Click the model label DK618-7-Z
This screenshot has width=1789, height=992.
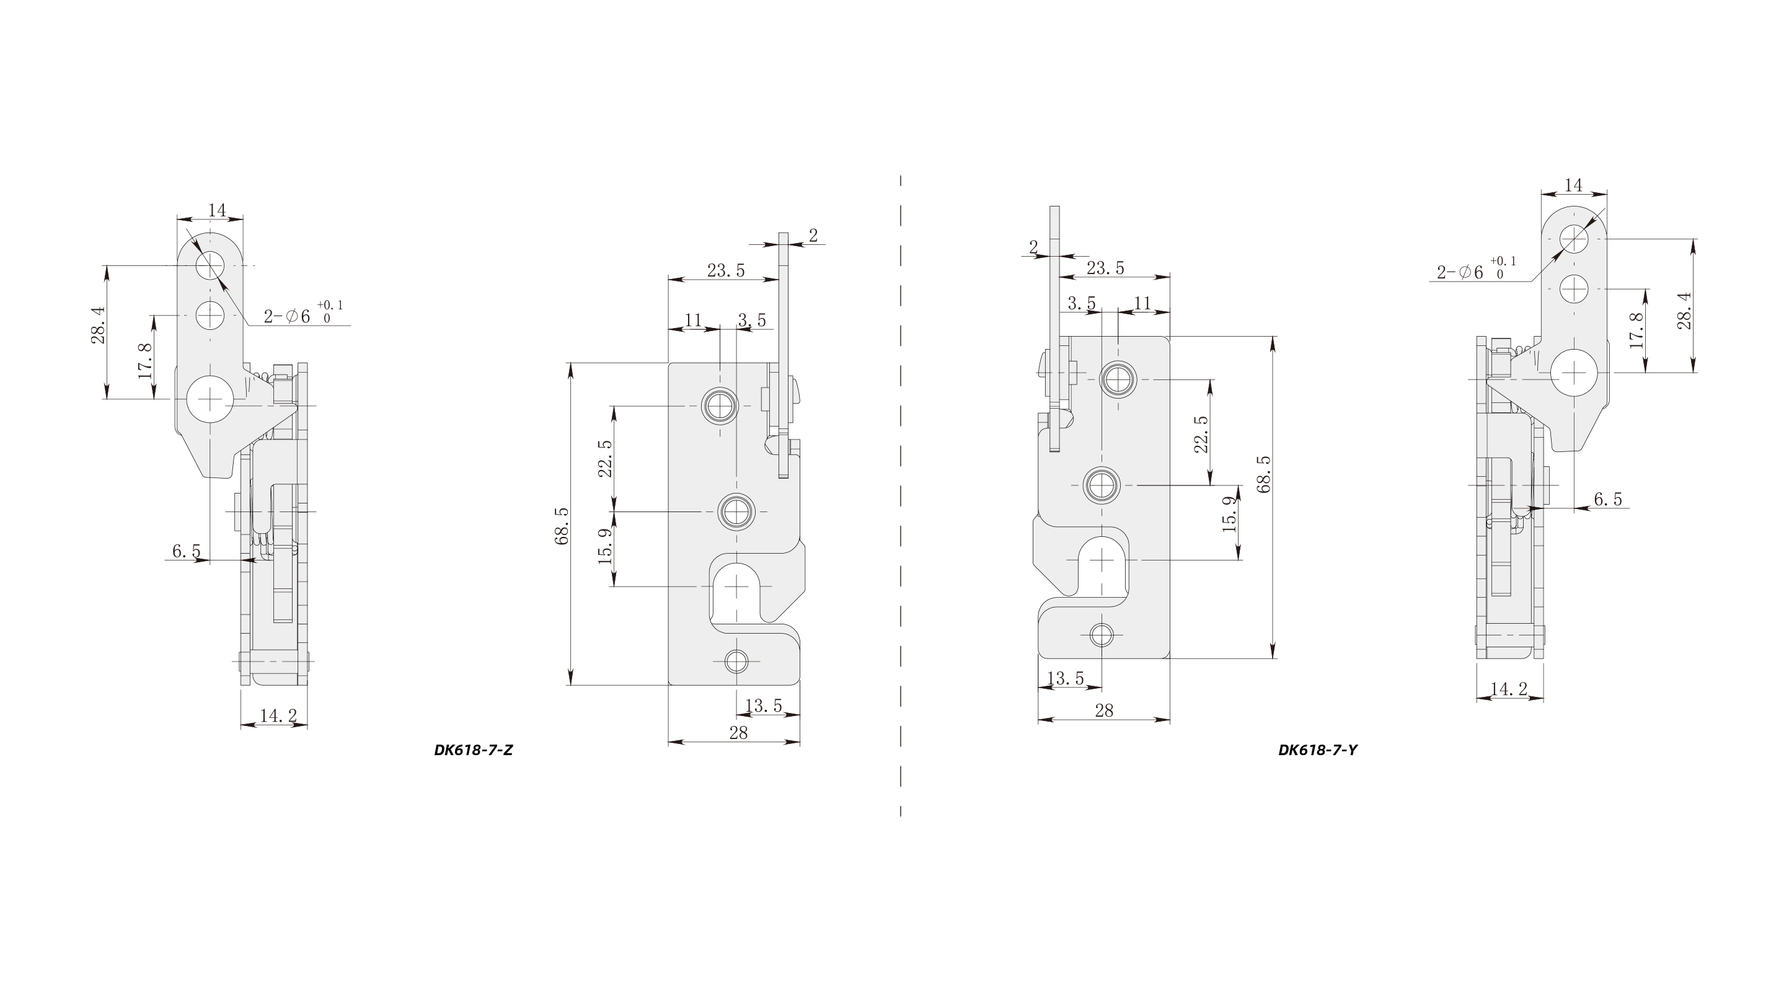pyautogui.click(x=473, y=750)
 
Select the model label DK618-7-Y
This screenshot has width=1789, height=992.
pyautogui.click(x=1317, y=750)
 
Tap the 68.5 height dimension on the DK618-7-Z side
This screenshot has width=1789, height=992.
pyautogui.click(x=562, y=526)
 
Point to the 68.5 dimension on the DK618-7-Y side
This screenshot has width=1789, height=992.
pyautogui.click(x=1263, y=474)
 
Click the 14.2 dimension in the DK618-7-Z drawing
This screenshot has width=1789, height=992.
pyautogui.click(x=278, y=715)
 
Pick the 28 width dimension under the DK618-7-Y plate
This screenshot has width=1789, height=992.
pyautogui.click(x=1103, y=711)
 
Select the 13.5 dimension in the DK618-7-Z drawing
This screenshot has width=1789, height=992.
pyautogui.click(x=763, y=706)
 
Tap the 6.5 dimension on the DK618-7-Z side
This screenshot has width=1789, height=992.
pyautogui.click(x=186, y=552)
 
